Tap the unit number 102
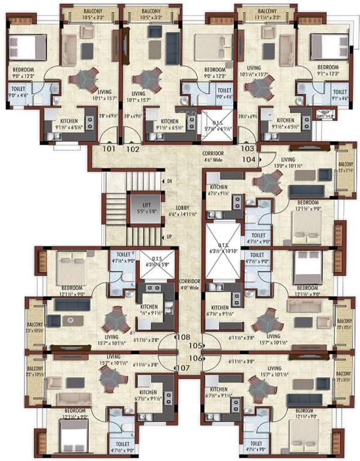[133, 148]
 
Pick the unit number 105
[193, 346]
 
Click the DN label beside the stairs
[170, 181]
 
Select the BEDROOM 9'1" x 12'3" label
[328, 70]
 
